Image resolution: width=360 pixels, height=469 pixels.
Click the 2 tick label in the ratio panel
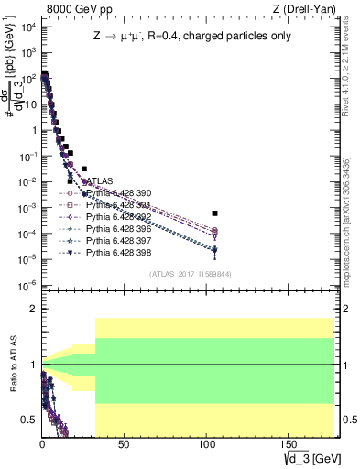32,310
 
